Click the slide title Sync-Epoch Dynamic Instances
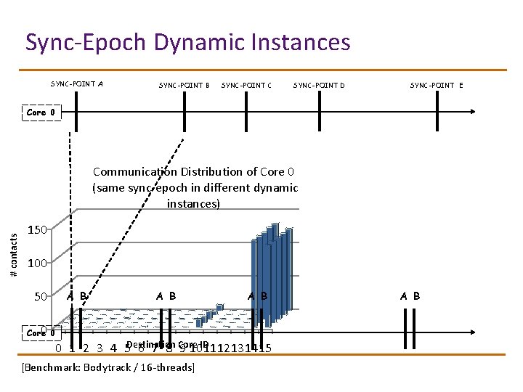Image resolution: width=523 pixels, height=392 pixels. click(x=187, y=42)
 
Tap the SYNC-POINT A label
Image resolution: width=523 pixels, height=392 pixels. click(x=76, y=83)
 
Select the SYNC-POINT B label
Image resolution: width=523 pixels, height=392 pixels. click(x=184, y=86)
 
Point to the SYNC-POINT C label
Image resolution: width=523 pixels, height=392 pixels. click(x=246, y=86)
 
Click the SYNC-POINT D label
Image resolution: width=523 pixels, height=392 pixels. click(x=319, y=86)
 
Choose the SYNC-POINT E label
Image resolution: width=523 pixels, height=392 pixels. click(x=436, y=86)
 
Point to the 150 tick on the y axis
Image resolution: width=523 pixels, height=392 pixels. click(x=38, y=230)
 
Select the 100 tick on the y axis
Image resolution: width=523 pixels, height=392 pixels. click(x=38, y=264)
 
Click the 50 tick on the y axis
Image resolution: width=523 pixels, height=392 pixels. click(x=41, y=297)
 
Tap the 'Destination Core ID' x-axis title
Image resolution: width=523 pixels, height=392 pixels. click(x=167, y=344)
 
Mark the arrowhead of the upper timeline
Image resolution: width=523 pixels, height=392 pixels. click(x=473, y=112)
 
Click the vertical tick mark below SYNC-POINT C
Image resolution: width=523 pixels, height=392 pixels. click(x=247, y=113)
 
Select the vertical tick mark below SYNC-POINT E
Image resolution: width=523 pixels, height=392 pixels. click(x=437, y=113)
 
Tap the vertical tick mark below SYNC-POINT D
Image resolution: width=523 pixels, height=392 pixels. click(x=320, y=113)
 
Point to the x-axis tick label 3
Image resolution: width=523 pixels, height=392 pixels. click(x=100, y=348)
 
